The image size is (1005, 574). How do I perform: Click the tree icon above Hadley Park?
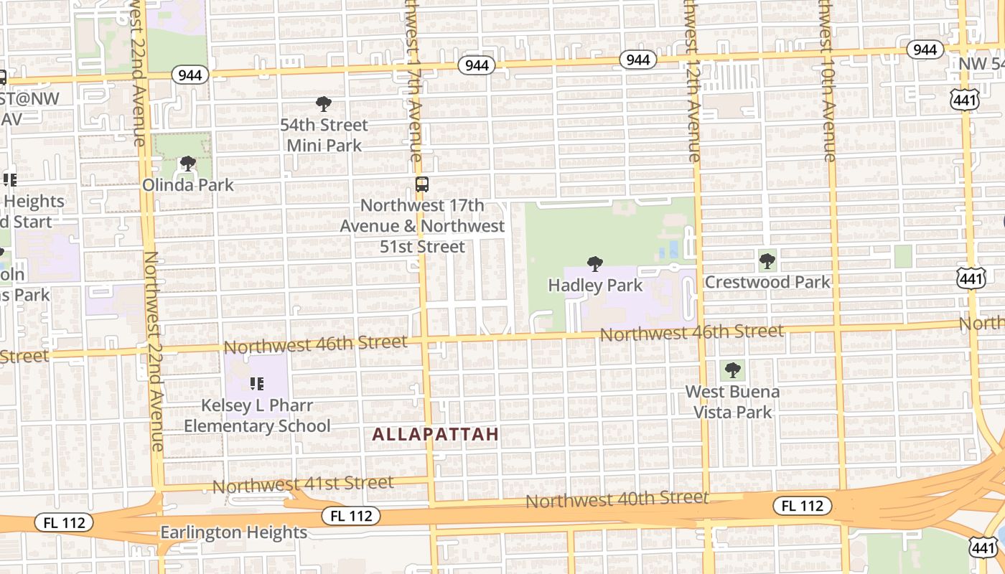point(594,264)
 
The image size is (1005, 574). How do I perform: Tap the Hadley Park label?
point(595,286)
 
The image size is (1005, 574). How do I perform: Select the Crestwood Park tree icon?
point(767,260)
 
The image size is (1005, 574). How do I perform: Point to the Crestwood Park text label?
point(767,282)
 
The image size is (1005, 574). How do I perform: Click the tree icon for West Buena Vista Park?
point(732,370)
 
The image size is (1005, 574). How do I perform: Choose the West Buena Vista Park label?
point(732,402)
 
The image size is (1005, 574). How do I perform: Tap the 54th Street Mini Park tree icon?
point(324,104)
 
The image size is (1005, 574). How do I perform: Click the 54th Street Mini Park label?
point(324,135)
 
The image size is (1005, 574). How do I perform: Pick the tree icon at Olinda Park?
point(187,164)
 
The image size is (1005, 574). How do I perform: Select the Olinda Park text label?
point(187,185)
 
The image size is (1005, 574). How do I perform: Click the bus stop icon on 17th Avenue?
point(422,184)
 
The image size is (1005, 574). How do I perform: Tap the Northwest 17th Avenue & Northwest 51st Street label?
point(422,226)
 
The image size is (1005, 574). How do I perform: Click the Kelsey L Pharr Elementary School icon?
point(256,384)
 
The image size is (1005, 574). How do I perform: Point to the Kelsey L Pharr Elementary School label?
point(257,415)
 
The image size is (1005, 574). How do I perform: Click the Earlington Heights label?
point(233,532)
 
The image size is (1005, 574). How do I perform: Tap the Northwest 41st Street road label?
point(303,484)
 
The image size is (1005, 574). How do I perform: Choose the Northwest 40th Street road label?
point(617,499)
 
